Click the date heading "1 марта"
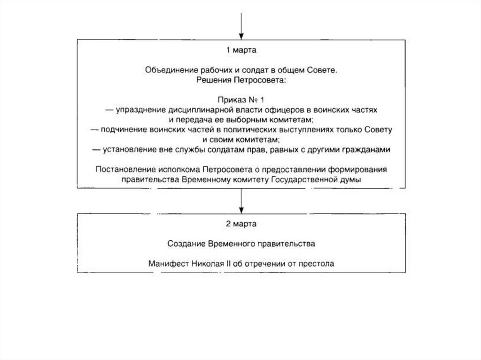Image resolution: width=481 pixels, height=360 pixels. pyautogui.click(x=240, y=49)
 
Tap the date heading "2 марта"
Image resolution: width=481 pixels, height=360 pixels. pyautogui.click(x=240, y=223)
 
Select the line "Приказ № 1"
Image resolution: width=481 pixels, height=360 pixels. pyautogui.click(x=240, y=100)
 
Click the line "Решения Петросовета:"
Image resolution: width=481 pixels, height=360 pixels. pyautogui.click(x=240, y=80)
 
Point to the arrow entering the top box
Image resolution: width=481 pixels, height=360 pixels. pyautogui.click(x=241, y=26)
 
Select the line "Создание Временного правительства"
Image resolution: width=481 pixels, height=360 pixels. pyautogui.click(x=240, y=244)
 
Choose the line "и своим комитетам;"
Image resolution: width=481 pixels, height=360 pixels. pyautogui.click(x=241, y=139)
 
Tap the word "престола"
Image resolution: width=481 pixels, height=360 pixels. pyautogui.click(x=318, y=263)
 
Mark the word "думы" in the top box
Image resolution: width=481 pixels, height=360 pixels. pyautogui.click(x=350, y=179)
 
